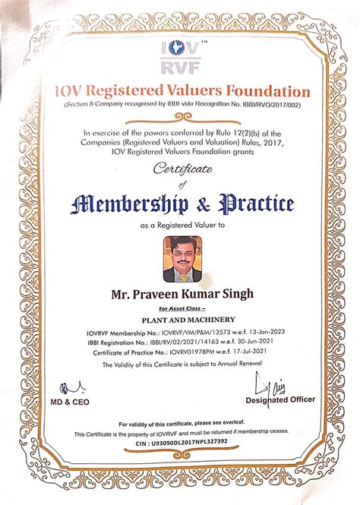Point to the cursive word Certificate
coord(182,170)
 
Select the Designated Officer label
coord(280,399)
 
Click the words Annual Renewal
coord(235,365)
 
